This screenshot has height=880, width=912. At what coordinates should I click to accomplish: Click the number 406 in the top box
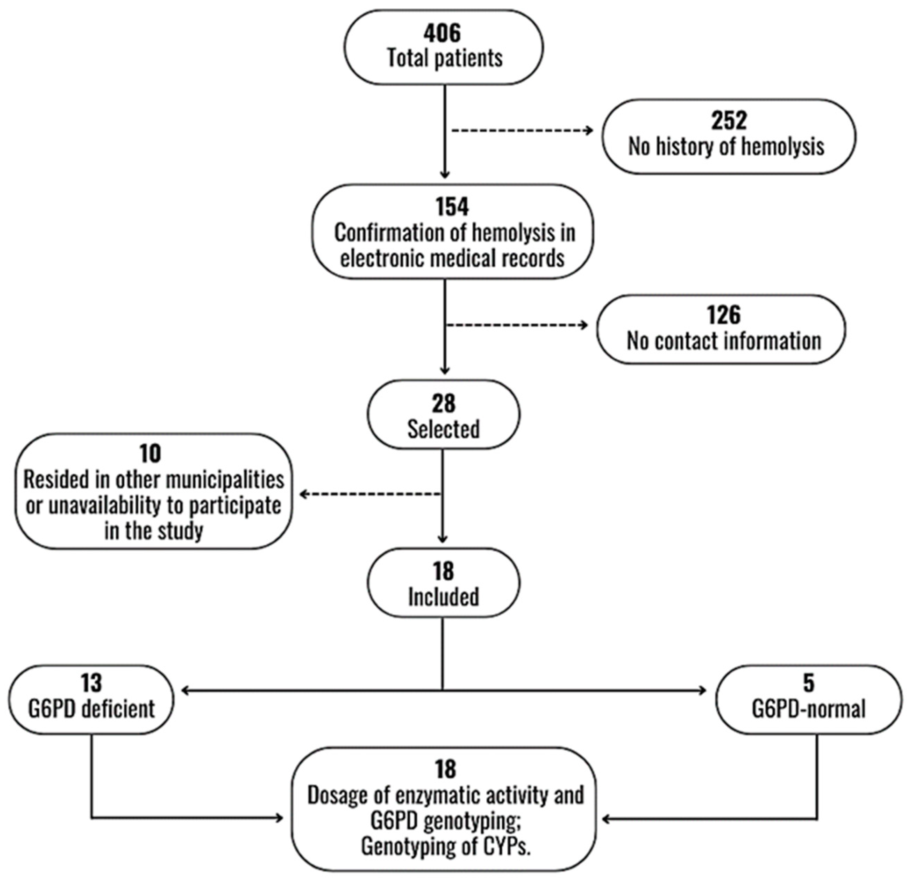tap(442, 33)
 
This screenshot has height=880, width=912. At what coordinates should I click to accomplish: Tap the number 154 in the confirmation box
tap(452, 207)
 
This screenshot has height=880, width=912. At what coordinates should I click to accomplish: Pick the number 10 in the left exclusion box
tap(150, 453)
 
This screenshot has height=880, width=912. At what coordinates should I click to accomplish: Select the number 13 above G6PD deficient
tap(91, 683)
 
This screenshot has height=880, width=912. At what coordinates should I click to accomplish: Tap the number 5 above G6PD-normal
tap(809, 683)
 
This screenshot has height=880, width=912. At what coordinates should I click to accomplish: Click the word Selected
tap(443, 429)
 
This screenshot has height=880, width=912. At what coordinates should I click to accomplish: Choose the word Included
tap(443, 597)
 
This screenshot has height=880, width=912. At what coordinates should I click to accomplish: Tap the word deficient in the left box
tap(117, 709)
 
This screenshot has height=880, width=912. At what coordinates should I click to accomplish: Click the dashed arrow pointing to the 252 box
tap(521, 131)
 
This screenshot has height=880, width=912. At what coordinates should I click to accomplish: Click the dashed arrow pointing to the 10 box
tap(370, 494)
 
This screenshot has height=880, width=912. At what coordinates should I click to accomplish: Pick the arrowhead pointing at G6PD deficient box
tap(185, 691)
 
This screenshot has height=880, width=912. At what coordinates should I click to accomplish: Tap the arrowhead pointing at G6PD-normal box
tap(703, 691)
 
